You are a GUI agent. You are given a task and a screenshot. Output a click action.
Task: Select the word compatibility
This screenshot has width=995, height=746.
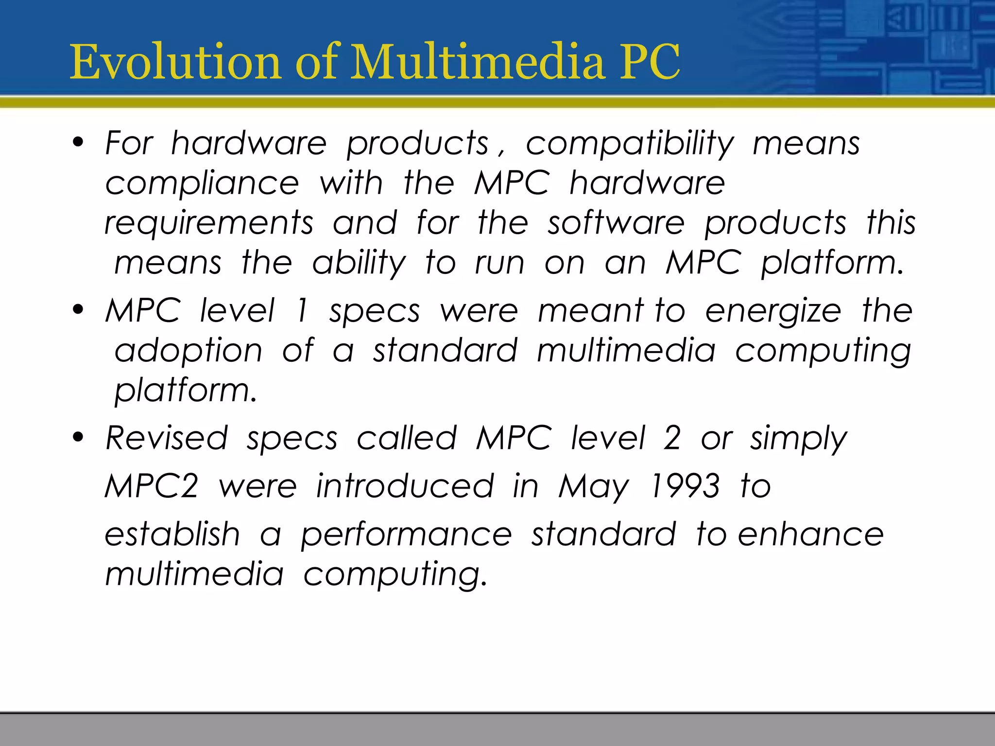coord(630,144)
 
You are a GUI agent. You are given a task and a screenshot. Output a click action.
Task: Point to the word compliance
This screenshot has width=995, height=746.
coord(202,184)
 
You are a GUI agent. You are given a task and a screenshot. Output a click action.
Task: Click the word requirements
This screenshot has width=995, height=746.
coord(209,224)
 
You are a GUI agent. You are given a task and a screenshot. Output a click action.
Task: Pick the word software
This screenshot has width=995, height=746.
coord(616,223)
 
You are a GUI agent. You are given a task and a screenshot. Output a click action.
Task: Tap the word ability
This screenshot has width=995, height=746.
coord(359,264)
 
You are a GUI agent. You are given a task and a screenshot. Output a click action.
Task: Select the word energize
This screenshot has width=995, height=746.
coord(773,311)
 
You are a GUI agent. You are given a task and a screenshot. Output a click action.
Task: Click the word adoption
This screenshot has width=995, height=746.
coord(189,351)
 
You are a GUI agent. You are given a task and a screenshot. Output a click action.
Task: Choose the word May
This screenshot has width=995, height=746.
coord(594,487)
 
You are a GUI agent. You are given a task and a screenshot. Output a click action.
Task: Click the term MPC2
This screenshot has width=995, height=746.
coord(152,486)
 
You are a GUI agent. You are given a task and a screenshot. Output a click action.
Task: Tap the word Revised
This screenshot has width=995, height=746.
coord(167,438)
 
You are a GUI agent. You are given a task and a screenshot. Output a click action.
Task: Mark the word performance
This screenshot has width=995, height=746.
coord(406,536)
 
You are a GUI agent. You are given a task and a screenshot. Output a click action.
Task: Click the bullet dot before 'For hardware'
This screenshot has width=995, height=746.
coord(78,143)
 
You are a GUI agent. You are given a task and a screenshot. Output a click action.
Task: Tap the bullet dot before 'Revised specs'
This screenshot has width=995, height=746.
coord(78,438)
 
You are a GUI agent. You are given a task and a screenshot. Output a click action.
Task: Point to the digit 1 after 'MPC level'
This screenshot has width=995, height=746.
coord(302,311)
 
